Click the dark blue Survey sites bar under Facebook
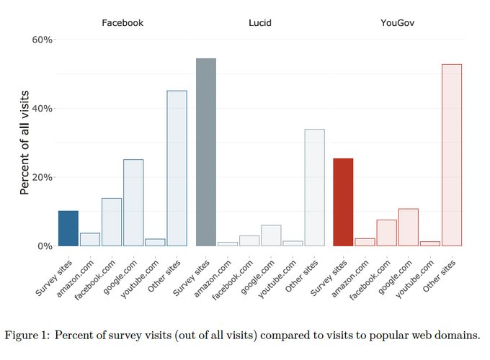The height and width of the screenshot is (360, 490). (68, 228)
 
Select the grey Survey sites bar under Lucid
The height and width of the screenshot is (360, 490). (206, 152)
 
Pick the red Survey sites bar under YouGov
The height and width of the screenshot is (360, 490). (343, 202)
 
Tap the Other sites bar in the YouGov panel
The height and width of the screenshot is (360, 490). (452, 155)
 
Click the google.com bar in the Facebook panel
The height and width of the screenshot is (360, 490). (133, 202)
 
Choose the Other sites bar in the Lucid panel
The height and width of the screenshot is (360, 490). (314, 187)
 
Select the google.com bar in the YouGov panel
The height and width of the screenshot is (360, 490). (408, 228)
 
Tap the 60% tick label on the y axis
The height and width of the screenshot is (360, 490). (43, 40)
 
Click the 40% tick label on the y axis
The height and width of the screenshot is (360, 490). (43, 109)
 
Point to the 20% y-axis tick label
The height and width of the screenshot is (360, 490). (43, 177)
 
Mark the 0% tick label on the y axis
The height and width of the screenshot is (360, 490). (45, 246)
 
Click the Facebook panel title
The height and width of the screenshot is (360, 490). (122, 23)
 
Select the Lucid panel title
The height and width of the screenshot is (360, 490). (260, 23)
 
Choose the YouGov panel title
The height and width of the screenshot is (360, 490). (397, 23)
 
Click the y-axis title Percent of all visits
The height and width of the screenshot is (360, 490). (24, 143)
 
